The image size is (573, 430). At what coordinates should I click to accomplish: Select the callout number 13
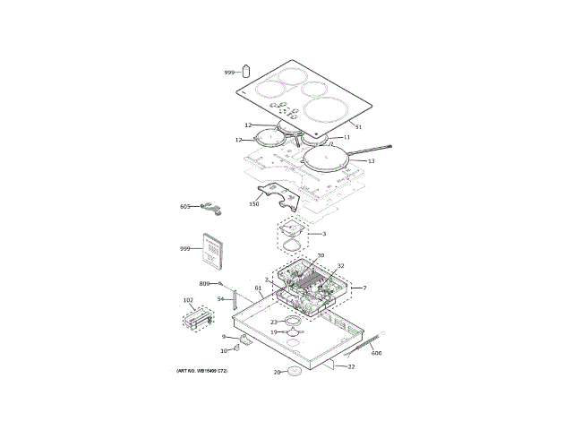point(370,161)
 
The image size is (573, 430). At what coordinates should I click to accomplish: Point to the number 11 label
point(346,138)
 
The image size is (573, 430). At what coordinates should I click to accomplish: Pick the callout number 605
point(185,206)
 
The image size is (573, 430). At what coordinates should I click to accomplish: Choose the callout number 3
point(323,235)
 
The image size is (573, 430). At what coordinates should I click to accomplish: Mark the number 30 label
point(321,255)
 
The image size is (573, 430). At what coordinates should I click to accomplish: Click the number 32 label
point(340,266)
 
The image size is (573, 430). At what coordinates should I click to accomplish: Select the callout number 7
point(363,288)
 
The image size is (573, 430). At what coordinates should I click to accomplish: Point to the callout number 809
point(204,283)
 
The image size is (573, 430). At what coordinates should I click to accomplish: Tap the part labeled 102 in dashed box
point(198,318)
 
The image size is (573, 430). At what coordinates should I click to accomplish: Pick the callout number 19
point(274,331)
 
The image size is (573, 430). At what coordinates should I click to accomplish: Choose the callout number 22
point(351,366)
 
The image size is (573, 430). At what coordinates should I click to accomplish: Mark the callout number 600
point(376,354)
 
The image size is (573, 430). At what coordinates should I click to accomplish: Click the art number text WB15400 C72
point(201,371)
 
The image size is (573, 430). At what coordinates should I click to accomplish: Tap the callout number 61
point(258,288)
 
